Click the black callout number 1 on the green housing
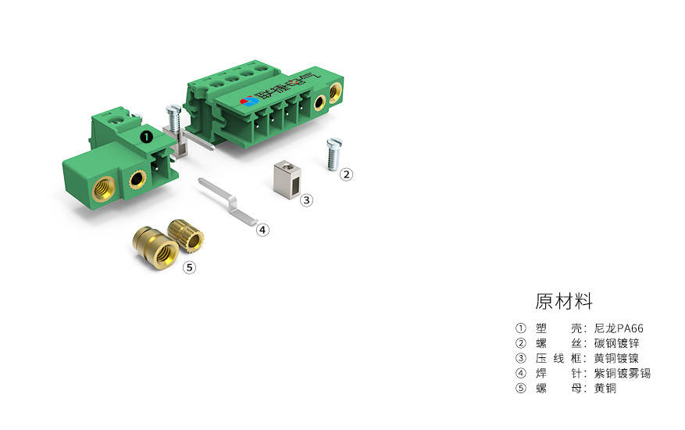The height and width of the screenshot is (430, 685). tap(146, 136)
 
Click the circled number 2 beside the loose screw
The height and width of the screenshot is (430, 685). tap(347, 174)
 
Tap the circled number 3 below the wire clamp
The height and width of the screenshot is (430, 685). tap(307, 200)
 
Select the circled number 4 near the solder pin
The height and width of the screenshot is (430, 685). tap(263, 230)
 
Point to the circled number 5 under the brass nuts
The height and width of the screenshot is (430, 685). tap(189, 267)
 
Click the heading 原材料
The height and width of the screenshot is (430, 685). tap(564, 301)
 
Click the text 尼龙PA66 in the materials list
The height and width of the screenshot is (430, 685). tap(619, 328)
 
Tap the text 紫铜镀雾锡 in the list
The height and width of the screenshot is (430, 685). tap(623, 373)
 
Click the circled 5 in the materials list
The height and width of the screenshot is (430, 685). tap(521, 388)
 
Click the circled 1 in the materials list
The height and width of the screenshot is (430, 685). tap(521, 328)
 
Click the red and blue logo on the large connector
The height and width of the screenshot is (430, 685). tap(250, 102)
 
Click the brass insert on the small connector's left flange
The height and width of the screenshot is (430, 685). tap(102, 188)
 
